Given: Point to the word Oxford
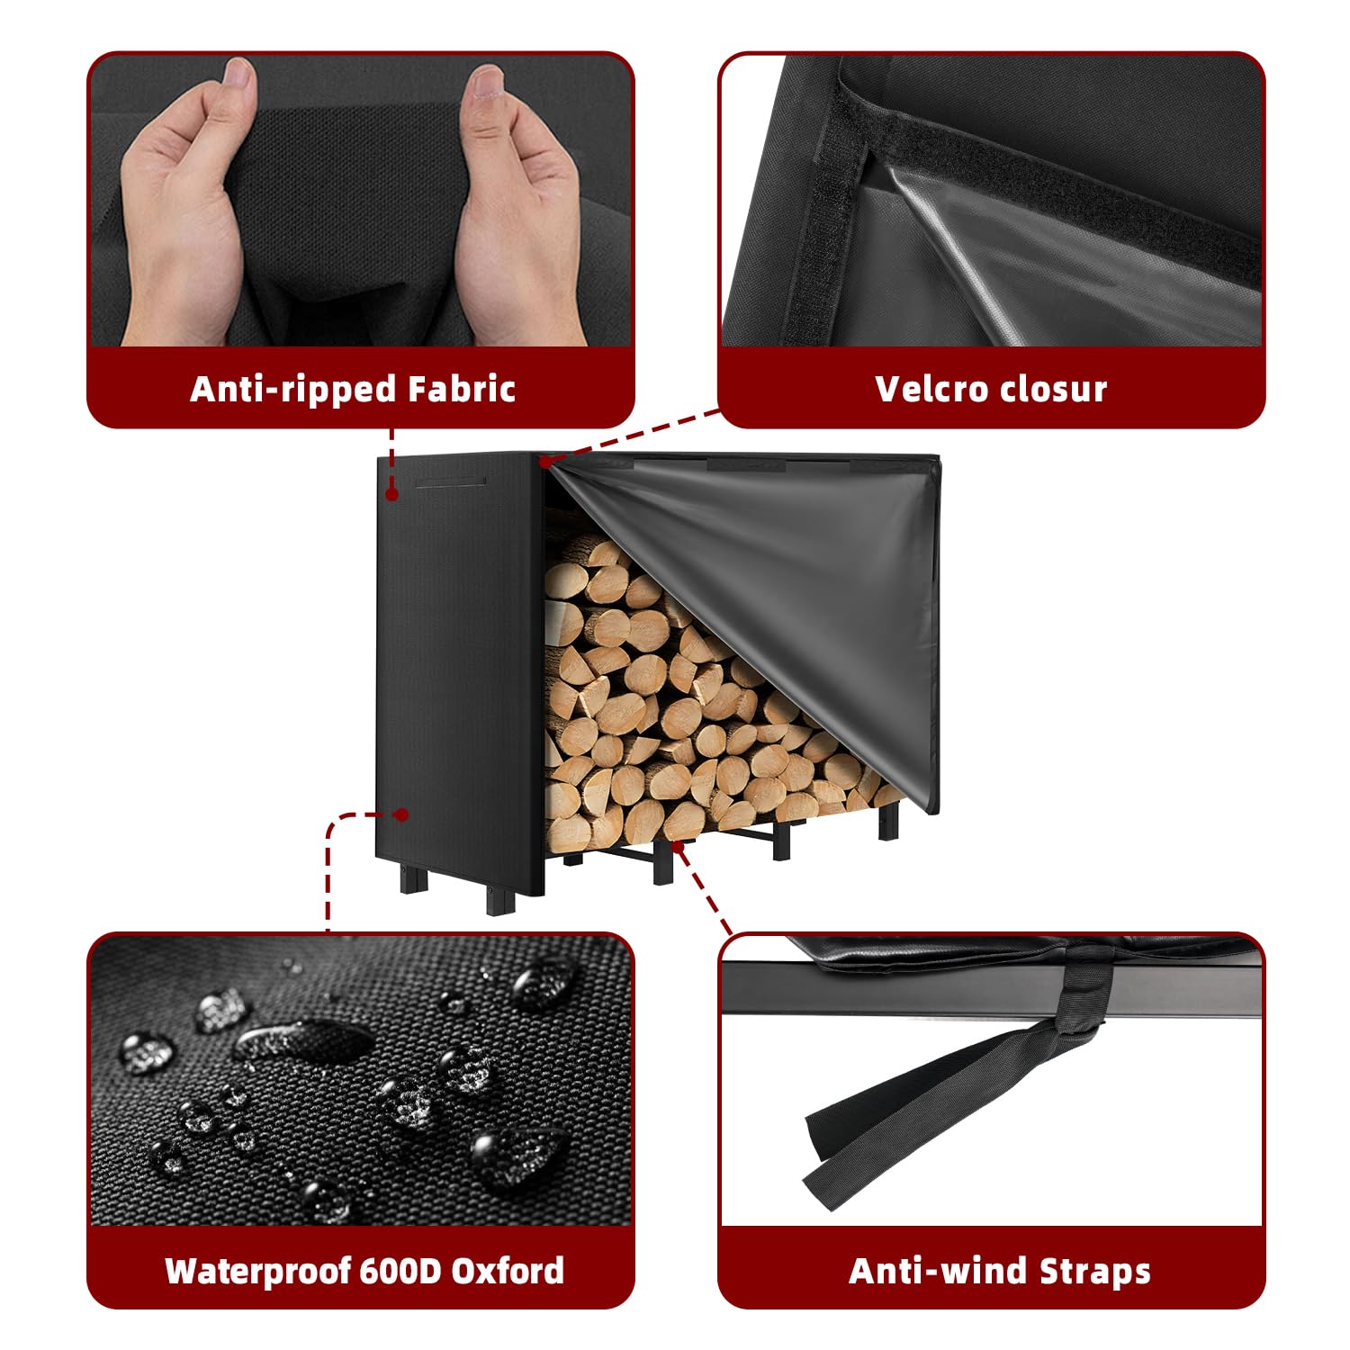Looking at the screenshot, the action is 508,1270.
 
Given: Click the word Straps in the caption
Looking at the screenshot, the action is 1094,1271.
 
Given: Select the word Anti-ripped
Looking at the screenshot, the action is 293,389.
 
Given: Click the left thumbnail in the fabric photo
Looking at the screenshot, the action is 239,78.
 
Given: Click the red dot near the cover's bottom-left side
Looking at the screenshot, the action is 402,814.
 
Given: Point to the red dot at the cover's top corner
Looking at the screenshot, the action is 545,462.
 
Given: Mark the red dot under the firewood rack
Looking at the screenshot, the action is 678,844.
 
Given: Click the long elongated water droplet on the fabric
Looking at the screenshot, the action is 301,1044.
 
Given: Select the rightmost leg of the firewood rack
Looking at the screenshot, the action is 889,822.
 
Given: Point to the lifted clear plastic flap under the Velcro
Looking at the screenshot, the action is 1062,252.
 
